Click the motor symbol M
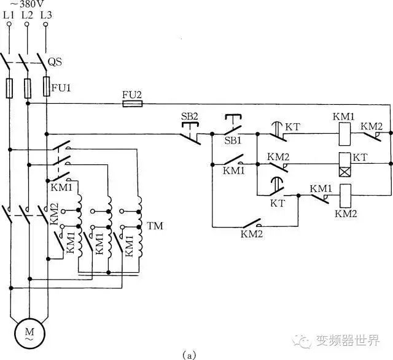tap(29, 334)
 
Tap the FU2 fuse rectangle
tap(133, 104)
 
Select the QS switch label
tap(55, 61)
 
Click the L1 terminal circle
tap(9, 24)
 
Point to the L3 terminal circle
tap(45, 25)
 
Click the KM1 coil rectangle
tap(345, 134)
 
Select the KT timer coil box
tap(345, 164)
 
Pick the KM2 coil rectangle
tap(345, 196)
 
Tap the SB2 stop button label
tap(190, 117)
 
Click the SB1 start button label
tap(233, 140)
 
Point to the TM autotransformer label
tap(155, 226)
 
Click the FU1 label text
tap(61, 88)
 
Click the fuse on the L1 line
tap(10, 88)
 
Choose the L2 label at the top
tap(27, 15)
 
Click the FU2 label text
tap(132, 95)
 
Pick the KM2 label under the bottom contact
tap(252, 234)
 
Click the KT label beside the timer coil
tap(360, 158)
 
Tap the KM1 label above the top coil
tap(343, 117)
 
